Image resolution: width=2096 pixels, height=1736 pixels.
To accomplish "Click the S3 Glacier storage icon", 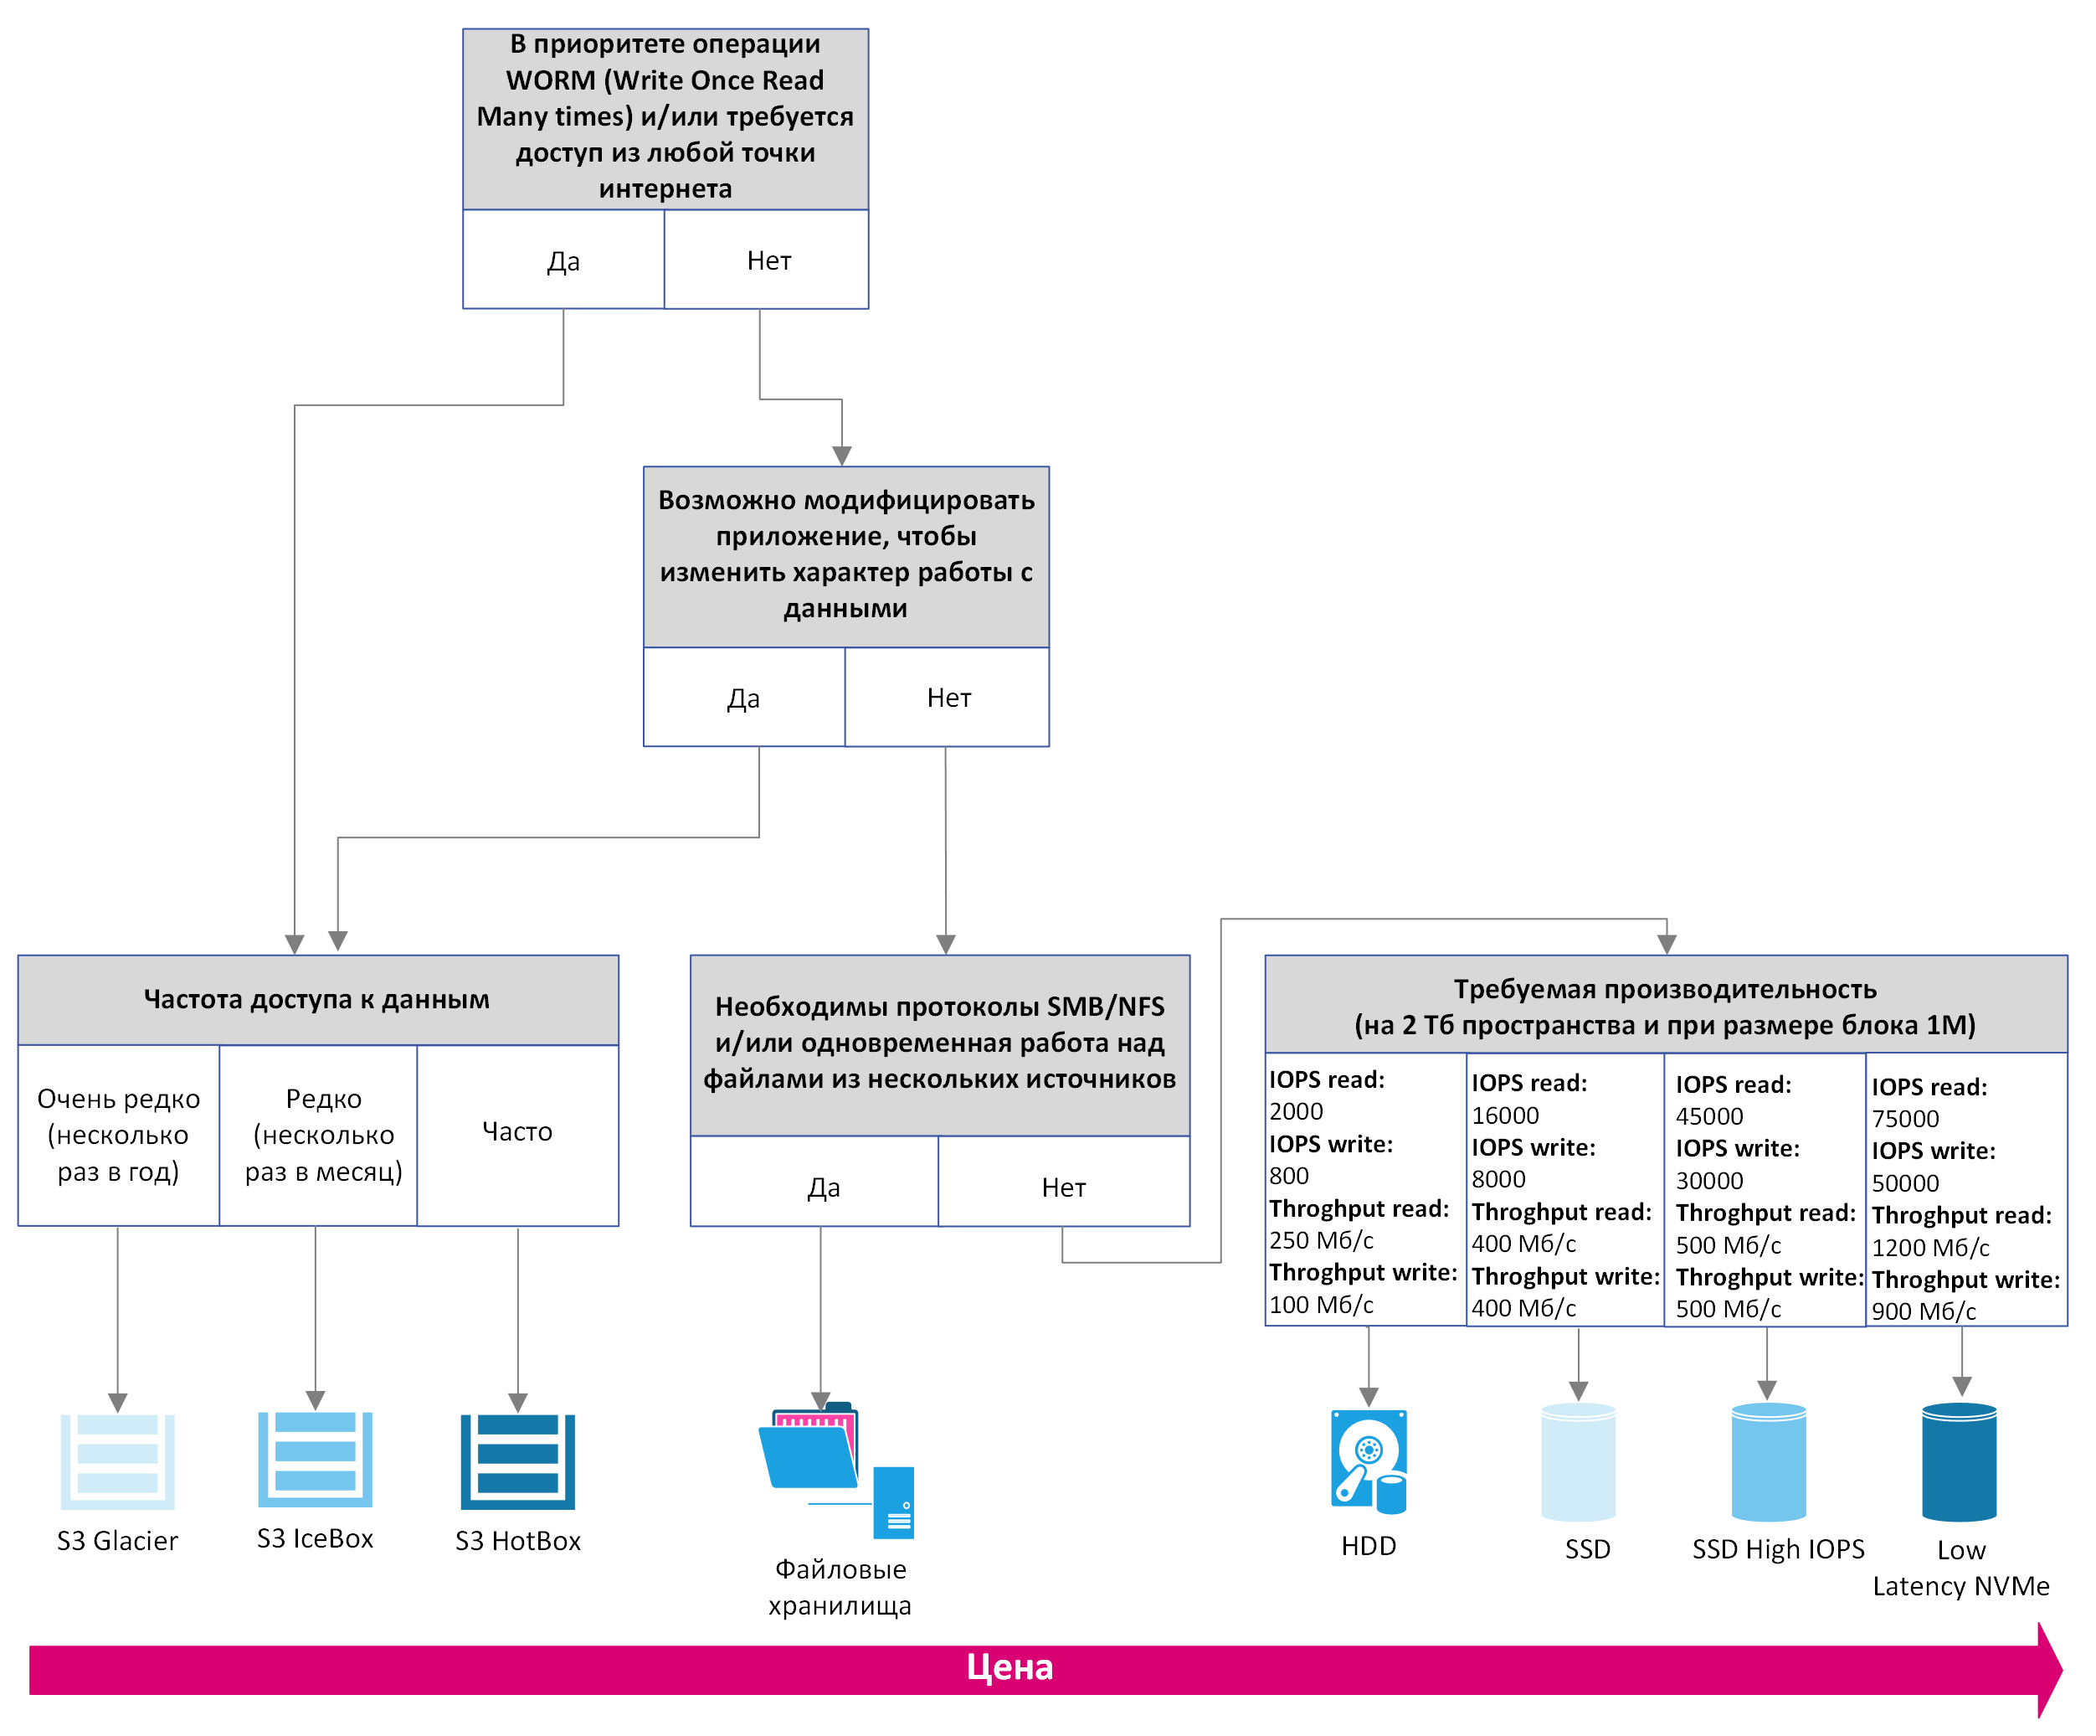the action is (x=118, y=1461).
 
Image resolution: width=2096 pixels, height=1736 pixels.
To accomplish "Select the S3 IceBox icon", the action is (x=316, y=1460).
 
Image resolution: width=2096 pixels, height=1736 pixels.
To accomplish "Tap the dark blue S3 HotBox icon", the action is (x=518, y=1461).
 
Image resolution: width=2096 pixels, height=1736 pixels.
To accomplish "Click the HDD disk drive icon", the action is (x=1369, y=1461).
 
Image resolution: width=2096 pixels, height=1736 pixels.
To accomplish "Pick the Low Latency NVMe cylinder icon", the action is (x=1960, y=1462).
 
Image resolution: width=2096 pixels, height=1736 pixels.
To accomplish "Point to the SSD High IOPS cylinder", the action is (x=1769, y=1462).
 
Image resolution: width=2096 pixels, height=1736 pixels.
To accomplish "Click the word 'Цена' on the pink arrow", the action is (x=1010, y=1668).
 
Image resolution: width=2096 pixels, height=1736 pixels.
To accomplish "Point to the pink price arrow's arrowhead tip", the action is (x=2062, y=1669).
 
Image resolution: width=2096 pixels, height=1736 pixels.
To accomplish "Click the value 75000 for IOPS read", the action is (x=1905, y=1119).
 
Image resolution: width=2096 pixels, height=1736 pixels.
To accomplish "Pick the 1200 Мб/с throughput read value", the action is (x=1930, y=1248).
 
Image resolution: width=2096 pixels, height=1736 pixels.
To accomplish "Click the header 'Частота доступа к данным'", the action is (x=317, y=999).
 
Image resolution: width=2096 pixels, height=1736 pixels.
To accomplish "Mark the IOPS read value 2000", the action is (x=1296, y=1111).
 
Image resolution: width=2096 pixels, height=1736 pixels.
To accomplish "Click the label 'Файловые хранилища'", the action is (x=840, y=1587).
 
